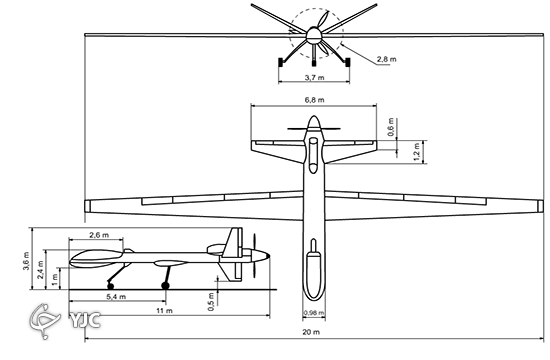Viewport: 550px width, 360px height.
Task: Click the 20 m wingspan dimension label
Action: pos(311,332)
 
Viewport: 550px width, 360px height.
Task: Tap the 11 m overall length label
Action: pos(165,311)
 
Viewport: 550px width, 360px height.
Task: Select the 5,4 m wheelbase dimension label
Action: pos(116,297)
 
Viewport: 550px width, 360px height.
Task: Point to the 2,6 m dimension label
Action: pos(99,235)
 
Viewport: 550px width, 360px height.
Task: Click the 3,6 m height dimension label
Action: pos(26,261)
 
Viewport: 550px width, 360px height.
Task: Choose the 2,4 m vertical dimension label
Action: pos(41,269)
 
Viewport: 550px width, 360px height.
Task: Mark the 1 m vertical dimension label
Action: pos(55,280)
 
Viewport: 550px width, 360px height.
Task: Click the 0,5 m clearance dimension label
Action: pos(211,301)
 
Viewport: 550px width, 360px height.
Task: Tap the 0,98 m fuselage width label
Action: pos(314,313)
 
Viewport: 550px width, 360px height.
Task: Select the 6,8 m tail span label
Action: pos(315,100)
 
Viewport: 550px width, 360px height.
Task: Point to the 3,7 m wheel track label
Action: pos(314,78)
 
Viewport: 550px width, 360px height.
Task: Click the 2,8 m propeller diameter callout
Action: pos(387,59)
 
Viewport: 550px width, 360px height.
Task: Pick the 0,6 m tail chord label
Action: pos(391,127)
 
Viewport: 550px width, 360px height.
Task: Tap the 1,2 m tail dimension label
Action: pos(416,151)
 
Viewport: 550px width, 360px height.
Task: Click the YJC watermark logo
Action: pos(65,320)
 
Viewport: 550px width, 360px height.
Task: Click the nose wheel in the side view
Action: pos(110,286)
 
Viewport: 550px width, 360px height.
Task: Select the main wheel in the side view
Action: pos(165,286)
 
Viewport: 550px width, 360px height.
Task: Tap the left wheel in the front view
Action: pos(281,62)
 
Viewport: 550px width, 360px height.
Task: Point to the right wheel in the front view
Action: pos(348,62)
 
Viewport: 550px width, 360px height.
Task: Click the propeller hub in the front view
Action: pos(314,35)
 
